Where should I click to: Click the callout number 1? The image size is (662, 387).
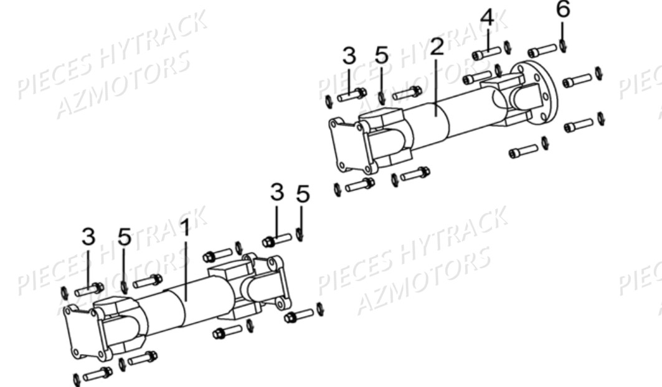[184, 229]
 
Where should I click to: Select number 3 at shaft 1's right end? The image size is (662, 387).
[277, 193]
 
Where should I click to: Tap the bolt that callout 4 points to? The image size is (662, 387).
[486, 54]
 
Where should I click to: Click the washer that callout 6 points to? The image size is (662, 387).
[562, 46]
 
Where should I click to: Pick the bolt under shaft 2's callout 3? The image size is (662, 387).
[352, 95]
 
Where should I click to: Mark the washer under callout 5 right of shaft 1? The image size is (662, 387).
[300, 235]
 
